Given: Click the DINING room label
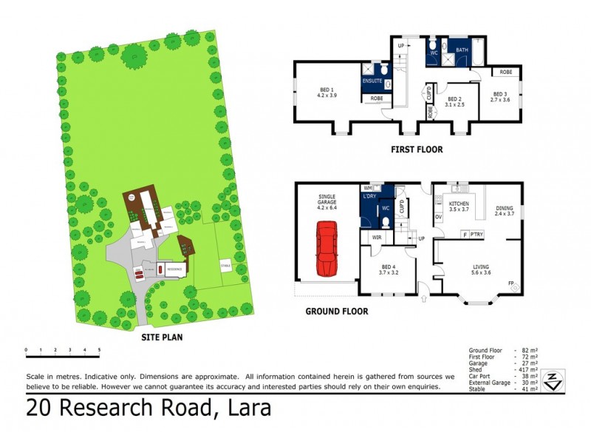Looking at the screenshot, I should pos(505,206).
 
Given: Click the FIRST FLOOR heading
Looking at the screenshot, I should pos(417,149).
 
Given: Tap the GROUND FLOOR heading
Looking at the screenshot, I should pos(336,312).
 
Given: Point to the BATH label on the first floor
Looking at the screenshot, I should pos(462,50).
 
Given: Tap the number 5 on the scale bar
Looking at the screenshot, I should pos(99,349).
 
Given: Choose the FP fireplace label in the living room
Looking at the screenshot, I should pos(511,283).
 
